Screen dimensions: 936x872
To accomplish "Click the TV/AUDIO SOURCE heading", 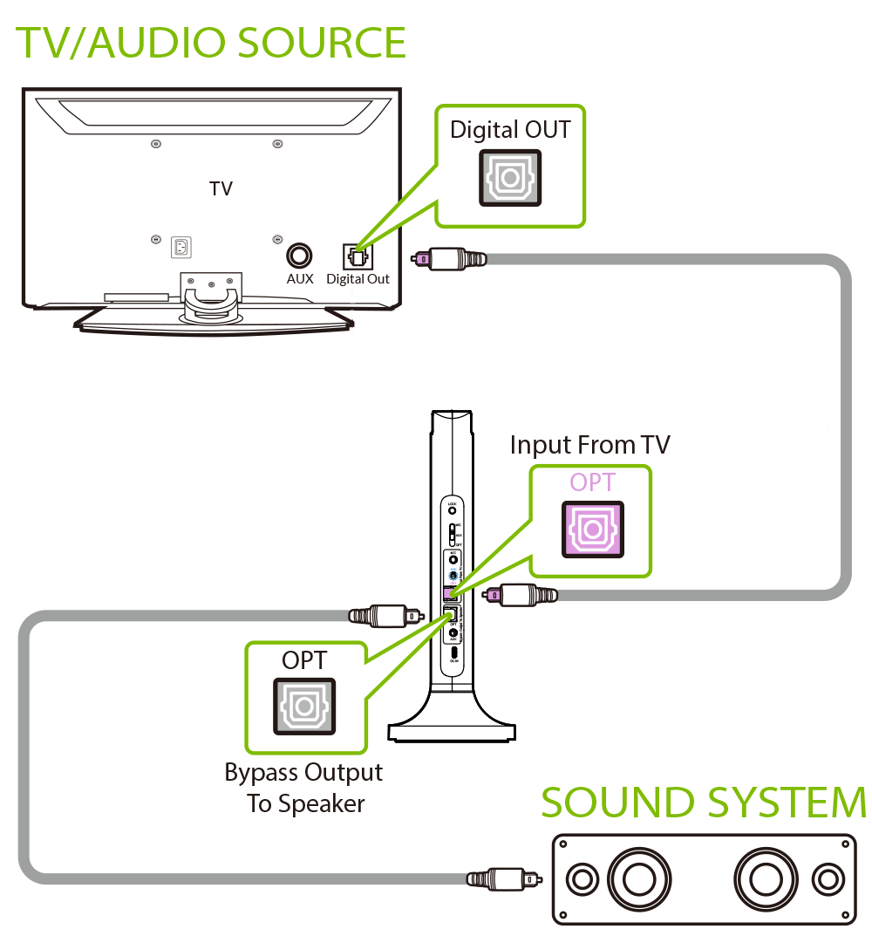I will (212, 43).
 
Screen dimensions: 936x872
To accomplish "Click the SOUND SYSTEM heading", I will (703, 803).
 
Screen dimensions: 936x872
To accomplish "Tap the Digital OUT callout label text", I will (510, 130).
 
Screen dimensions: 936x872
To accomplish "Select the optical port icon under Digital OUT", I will (510, 178).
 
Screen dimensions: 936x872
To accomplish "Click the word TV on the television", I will (221, 188).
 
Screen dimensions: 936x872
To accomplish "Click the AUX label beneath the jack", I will (299, 280).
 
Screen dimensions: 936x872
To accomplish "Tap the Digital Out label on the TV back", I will (358, 280).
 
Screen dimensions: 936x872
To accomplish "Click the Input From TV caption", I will (590, 445).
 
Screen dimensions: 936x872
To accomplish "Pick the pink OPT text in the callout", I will (592, 482).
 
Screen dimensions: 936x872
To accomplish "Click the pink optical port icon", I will (592, 529).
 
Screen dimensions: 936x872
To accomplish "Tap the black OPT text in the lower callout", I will (304, 660).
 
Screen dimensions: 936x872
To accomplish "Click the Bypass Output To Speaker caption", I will (304, 788).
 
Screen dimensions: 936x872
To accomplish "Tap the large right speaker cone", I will (765, 878).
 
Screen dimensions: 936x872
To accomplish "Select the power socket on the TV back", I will (181, 249).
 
